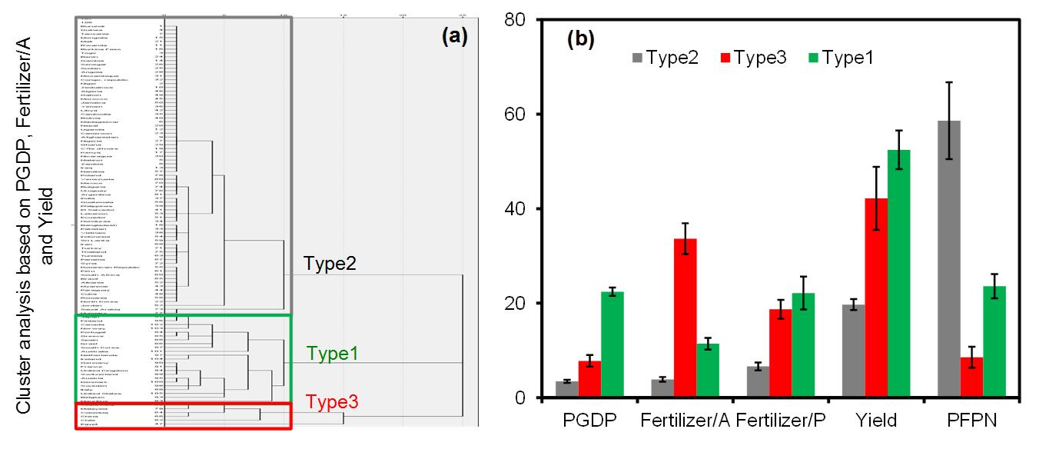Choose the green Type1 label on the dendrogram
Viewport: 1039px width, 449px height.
tap(334, 354)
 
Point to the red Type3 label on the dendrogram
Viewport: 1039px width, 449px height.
tap(334, 401)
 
